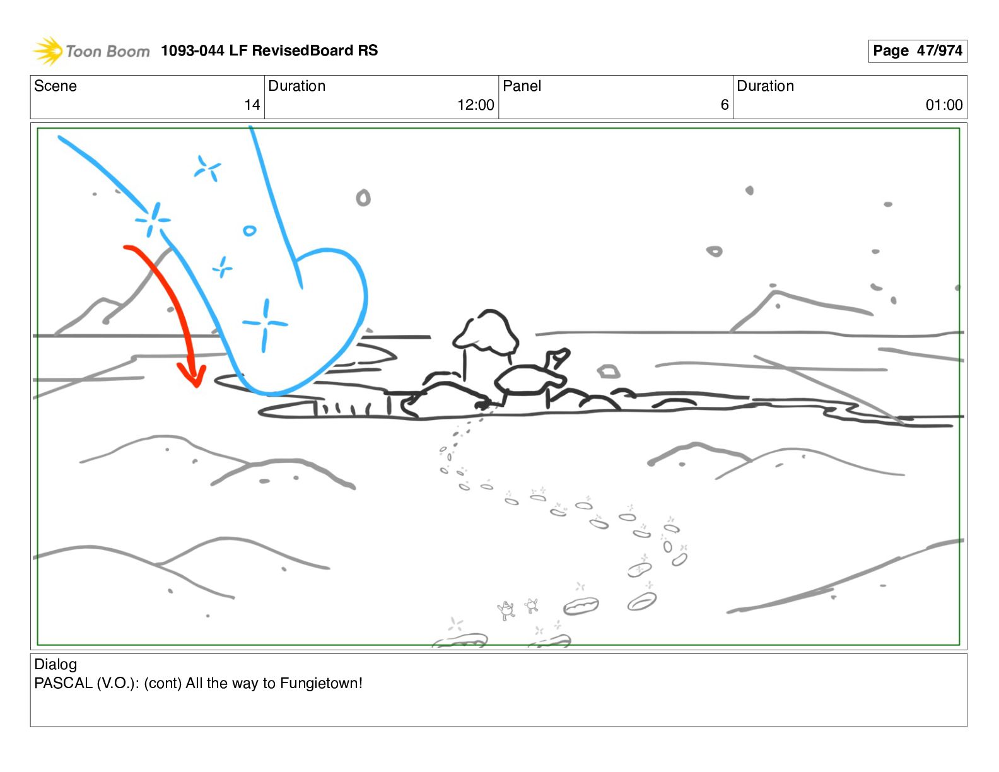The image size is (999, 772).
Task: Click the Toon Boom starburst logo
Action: tap(48, 50)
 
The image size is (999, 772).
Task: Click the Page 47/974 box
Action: tap(917, 50)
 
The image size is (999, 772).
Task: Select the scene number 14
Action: tap(252, 105)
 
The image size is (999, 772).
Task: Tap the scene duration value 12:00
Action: tap(476, 105)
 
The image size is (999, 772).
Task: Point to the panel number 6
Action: tap(725, 105)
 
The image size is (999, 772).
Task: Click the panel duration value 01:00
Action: tap(944, 105)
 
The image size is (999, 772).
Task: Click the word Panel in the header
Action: tap(522, 86)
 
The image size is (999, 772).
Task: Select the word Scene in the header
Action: tap(55, 86)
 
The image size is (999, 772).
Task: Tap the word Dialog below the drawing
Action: tap(56, 664)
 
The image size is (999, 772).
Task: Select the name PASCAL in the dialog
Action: tap(64, 683)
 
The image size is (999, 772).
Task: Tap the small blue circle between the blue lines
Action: tap(250, 230)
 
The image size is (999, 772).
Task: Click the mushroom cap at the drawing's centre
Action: tap(486, 331)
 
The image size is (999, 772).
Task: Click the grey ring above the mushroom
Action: tap(363, 197)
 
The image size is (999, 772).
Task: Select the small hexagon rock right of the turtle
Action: tap(608, 371)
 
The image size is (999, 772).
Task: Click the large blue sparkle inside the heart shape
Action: tap(266, 325)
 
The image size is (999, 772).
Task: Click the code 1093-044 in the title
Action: tap(192, 50)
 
